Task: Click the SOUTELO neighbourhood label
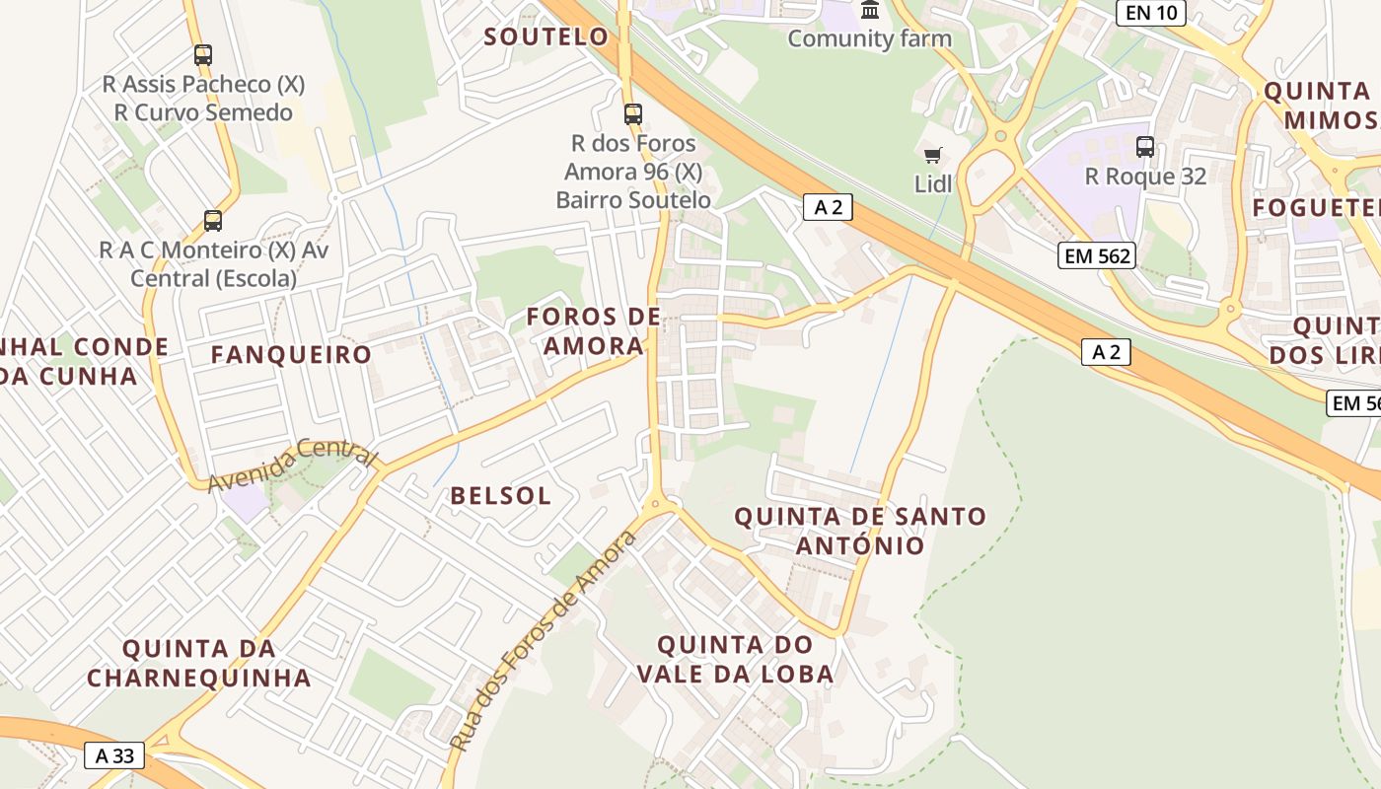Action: point(546,37)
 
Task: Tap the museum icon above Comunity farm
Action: point(870,10)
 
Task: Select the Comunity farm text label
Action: point(869,39)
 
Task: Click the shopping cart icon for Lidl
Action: point(932,155)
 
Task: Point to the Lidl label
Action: point(932,183)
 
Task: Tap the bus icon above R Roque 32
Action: point(1145,147)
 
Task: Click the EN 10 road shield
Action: point(1150,13)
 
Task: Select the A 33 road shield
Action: point(114,756)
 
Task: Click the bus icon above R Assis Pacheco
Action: point(203,55)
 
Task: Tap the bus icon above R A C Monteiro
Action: point(213,221)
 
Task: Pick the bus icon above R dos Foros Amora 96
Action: point(633,114)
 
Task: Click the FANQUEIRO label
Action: point(291,355)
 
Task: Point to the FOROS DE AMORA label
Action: point(594,331)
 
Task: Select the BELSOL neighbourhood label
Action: point(501,496)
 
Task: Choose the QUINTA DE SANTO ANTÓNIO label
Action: point(860,531)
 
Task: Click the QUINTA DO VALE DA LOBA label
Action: point(735,659)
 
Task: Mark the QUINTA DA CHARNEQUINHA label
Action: point(199,663)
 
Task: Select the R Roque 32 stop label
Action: point(1145,177)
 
